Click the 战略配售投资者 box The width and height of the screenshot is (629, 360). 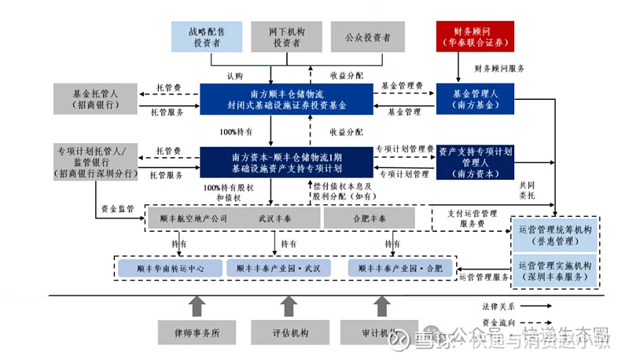(x=208, y=37)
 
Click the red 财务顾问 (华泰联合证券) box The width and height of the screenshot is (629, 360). (x=475, y=37)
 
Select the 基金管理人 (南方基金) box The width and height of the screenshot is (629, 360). (x=475, y=98)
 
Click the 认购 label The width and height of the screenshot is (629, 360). (x=235, y=76)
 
